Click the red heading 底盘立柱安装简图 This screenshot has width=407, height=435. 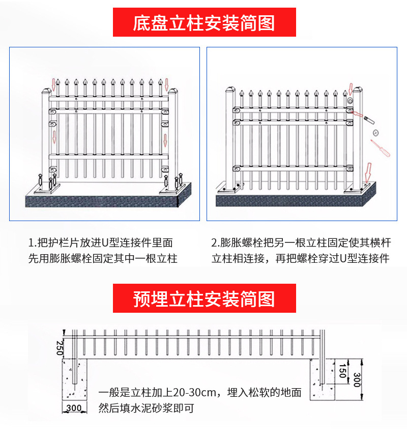click(204, 23)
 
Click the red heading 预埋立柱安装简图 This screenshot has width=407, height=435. click(204, 298)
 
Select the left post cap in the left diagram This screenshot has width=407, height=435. click(45, 92)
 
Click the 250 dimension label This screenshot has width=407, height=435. click(60, 347)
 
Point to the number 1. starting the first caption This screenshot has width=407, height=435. click(32, 243)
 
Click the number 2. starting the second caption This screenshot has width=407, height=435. click(215, 243)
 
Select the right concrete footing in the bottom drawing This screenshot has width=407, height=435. click(322, 379)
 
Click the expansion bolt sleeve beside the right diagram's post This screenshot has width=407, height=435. click(368, 118)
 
